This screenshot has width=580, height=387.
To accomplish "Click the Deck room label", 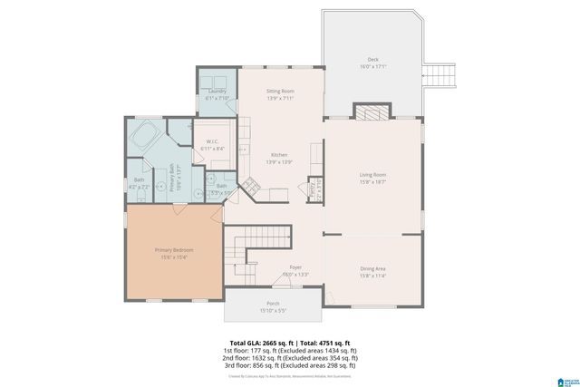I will pos(372,60).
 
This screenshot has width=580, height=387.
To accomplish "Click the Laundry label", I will pos(216,92).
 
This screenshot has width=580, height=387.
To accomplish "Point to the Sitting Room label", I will pos(280,92).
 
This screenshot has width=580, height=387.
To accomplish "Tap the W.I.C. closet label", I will pos(210,141).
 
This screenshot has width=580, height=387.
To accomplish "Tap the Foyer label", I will pos(295,267).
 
